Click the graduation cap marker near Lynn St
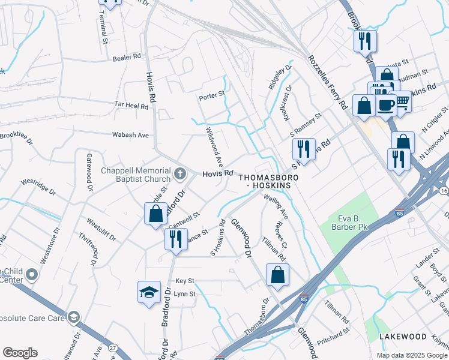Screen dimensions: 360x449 click(149, 292)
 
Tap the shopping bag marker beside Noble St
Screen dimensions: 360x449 click(155, 214)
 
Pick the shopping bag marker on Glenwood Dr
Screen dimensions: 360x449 click(277, 275)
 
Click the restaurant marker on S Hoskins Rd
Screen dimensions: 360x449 click(304, 149)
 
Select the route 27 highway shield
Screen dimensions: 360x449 click(113, 348)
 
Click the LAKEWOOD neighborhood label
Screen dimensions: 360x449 click(402, 337)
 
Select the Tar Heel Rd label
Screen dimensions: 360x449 click(131, 104)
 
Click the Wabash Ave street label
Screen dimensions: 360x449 click(130, 135)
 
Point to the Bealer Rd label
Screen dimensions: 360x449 click(127, 57)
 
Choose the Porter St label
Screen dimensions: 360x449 click(211, 94)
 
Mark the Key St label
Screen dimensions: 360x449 click(185, 281)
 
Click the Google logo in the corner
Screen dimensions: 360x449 click(20, 353)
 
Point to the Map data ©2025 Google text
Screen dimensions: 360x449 click(412, 355)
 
